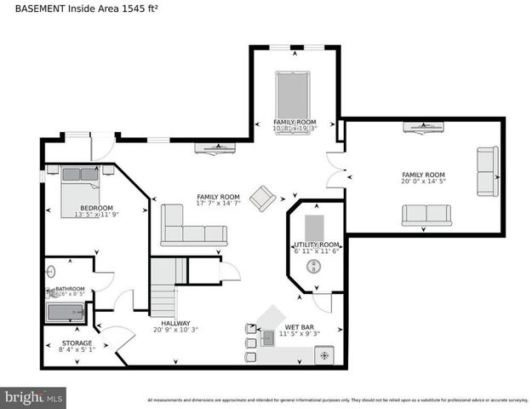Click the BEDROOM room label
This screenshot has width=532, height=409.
tap(96, 208)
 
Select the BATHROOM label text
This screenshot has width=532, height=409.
tap(70, 290)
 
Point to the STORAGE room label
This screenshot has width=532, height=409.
tap(77, 343)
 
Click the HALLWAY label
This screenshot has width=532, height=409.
tap(175, 324)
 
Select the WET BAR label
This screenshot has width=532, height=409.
tap(302, 327)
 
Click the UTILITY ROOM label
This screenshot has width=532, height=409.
tap(317, 245)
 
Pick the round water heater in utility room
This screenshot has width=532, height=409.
tap(316, 266)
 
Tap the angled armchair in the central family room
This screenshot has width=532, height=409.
tap(262, 198)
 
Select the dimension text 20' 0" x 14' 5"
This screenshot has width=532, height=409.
tap(424, 181)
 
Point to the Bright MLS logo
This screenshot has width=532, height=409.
tap(33, 397)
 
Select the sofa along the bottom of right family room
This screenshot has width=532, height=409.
tap(426, 216)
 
